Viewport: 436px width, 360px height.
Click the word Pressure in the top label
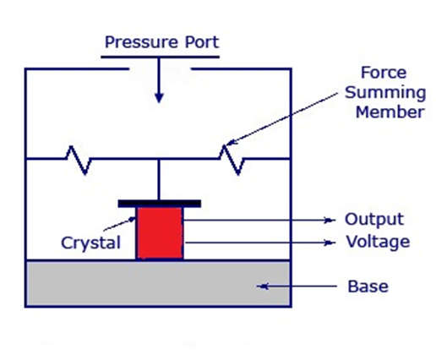(x=141, y=42)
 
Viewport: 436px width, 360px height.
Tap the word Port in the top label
(x=202, y=42)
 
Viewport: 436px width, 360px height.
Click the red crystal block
(x=160, y=233)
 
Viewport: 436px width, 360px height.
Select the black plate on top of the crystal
(x=160, y=204)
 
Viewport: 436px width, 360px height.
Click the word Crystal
(x=90, y=243)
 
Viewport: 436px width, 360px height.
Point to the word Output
(x=374, y=220)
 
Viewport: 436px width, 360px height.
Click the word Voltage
(x=378, y=243)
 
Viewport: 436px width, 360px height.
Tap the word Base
(x=368, y=286)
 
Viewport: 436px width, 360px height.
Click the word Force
(x=384, y=73)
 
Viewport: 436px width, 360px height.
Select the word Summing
(x=385, y=93)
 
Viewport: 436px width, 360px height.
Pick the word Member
(x=390, y=112)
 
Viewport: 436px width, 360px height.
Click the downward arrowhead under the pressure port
(x=159, y=97)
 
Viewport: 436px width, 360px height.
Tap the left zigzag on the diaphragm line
(x=79, y=160)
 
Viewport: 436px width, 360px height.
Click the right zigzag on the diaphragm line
(x=232, y=160)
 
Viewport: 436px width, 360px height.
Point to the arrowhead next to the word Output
(x=329, y=220)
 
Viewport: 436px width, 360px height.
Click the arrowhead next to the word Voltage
(x=329, y=243)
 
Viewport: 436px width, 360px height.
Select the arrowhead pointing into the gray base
(x=263, y=286)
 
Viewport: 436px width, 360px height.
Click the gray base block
(x=158, y=283)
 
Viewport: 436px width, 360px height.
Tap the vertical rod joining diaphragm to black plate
(x=159, y=180)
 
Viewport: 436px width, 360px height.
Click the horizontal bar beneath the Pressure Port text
(x=160, y=57)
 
